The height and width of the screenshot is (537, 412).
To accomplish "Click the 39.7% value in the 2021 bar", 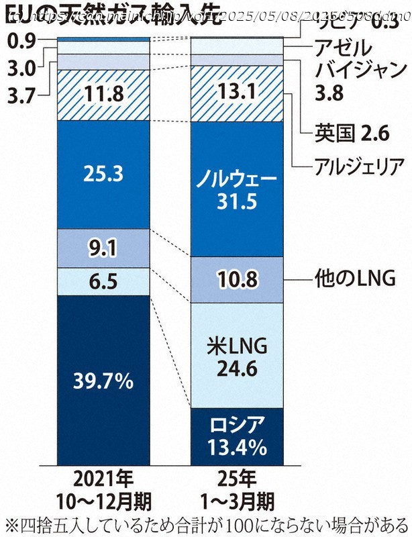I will point(103,382).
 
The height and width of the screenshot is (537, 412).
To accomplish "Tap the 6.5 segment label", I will point(103,281).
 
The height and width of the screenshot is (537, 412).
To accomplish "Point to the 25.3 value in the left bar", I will point(103,175).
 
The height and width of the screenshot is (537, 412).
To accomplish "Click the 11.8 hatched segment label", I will point(103,95).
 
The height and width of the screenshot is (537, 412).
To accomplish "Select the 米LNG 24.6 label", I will point(238,356).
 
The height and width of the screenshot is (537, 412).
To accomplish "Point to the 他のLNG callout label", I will point(356,277).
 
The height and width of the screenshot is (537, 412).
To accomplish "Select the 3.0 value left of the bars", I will point(21,70).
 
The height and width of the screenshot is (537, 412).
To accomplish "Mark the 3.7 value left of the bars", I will point(21,95).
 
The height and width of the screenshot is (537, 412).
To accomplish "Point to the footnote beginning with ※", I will point(206,522).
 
